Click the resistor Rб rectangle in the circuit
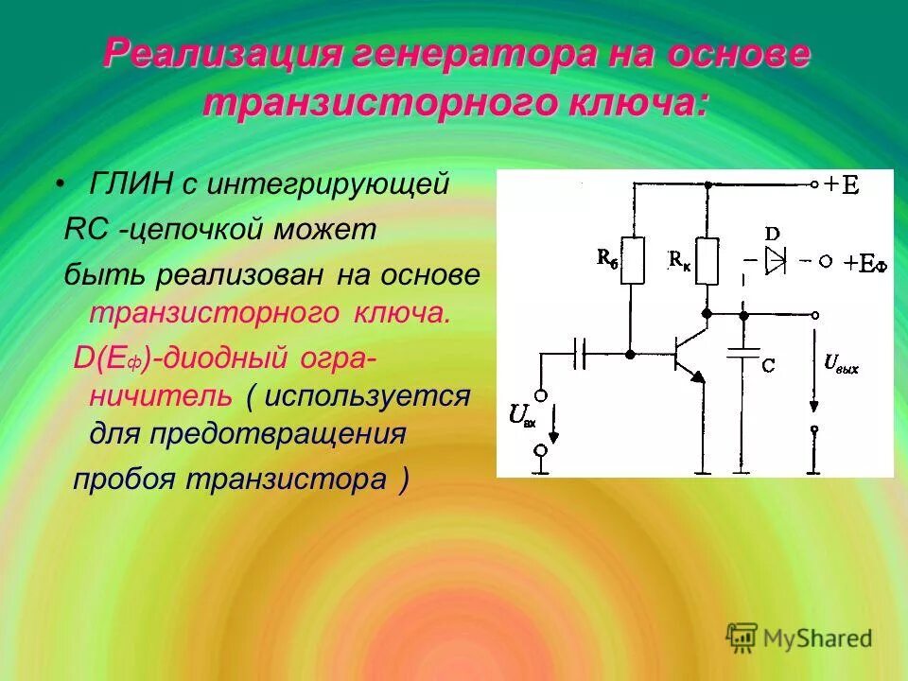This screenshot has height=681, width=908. click(634, 260)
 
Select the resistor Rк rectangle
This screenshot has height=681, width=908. click(707, 260)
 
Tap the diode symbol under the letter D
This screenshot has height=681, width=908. click(776, 260)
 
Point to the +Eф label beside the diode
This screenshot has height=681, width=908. click(865, 263)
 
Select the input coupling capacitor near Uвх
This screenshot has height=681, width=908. click(581, 354)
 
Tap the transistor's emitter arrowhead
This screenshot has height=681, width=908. click(697, 375)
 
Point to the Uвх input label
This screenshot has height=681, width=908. click(522, 415)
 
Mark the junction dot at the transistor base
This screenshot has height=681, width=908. click(631, 354)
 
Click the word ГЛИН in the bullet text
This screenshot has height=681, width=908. click(130, 183)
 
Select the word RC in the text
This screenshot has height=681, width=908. click(85, 229)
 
